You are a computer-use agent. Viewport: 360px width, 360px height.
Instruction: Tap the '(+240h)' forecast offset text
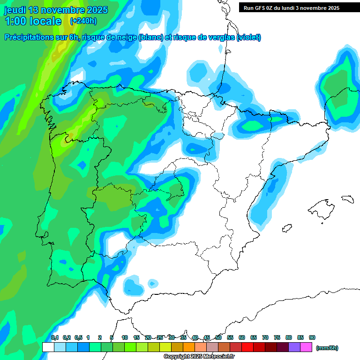(83, 21)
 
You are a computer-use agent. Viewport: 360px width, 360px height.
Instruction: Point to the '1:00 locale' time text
(33, 21)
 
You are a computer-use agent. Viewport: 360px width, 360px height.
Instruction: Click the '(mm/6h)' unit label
(327, 348)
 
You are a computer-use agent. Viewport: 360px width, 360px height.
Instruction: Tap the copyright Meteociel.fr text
(199, 357)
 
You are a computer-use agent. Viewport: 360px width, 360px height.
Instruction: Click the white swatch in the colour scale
(48, 347)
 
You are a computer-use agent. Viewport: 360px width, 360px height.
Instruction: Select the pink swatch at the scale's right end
(306, 347)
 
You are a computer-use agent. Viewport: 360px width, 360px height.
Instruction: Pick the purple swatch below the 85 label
(294, 347)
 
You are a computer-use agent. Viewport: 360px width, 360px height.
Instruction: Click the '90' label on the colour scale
(312, 337)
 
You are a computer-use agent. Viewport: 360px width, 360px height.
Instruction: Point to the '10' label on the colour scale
(125, 337)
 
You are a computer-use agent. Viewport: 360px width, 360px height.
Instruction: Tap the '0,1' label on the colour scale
(55, 337)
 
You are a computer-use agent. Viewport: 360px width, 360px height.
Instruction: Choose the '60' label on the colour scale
(242, 337)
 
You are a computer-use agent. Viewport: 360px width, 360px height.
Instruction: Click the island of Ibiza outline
(286, 228)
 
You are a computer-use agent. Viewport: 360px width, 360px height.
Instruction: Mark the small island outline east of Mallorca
(347, 199)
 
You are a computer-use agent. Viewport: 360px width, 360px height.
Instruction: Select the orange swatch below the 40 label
(189, 347)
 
